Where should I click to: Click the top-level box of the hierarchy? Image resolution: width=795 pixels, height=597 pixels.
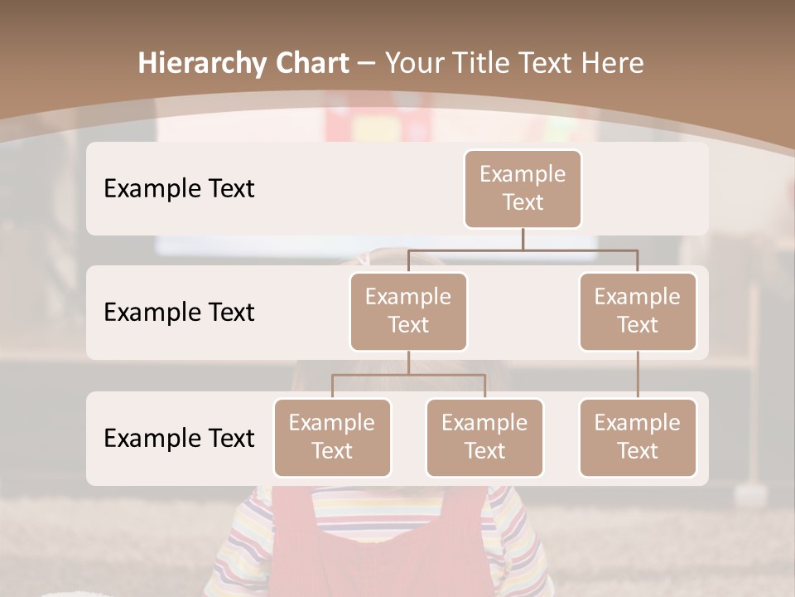tap(523, 188)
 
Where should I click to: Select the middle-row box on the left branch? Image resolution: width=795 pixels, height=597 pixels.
tap(408, 311)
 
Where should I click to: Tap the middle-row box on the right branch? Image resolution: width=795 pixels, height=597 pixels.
tap(638, 311)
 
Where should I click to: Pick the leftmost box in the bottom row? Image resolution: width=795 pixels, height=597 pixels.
tap(332, 437)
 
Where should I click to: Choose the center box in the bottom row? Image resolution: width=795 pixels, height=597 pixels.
tap(484, 437)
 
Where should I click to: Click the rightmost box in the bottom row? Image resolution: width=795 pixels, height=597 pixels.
tap(638, 437)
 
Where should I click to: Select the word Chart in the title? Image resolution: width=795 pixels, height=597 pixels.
tap(309, 63)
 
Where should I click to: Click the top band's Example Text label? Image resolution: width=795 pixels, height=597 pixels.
tap(179, 188)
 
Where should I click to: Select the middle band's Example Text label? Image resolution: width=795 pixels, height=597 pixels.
tap(179, 312)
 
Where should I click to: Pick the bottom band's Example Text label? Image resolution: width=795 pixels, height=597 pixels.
tap(179, 438)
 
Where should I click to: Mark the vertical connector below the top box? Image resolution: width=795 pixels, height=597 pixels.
tap(523, 239)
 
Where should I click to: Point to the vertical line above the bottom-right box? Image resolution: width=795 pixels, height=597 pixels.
tap(638, 375)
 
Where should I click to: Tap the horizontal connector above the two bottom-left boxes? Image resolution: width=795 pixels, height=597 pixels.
tap(408, 375)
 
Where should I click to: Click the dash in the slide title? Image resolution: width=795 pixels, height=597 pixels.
tap(365, 64)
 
